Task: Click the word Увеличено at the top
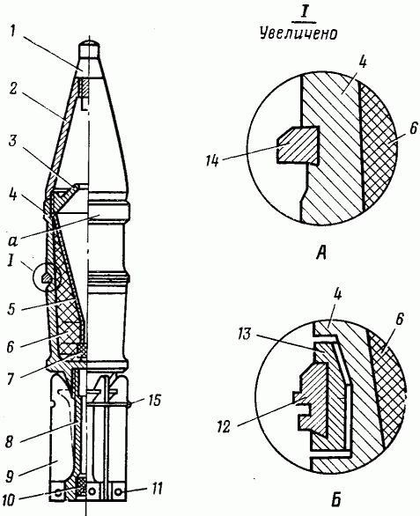298,33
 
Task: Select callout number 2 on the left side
13,90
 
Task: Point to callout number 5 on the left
11,309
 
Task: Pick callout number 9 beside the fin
11,475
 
